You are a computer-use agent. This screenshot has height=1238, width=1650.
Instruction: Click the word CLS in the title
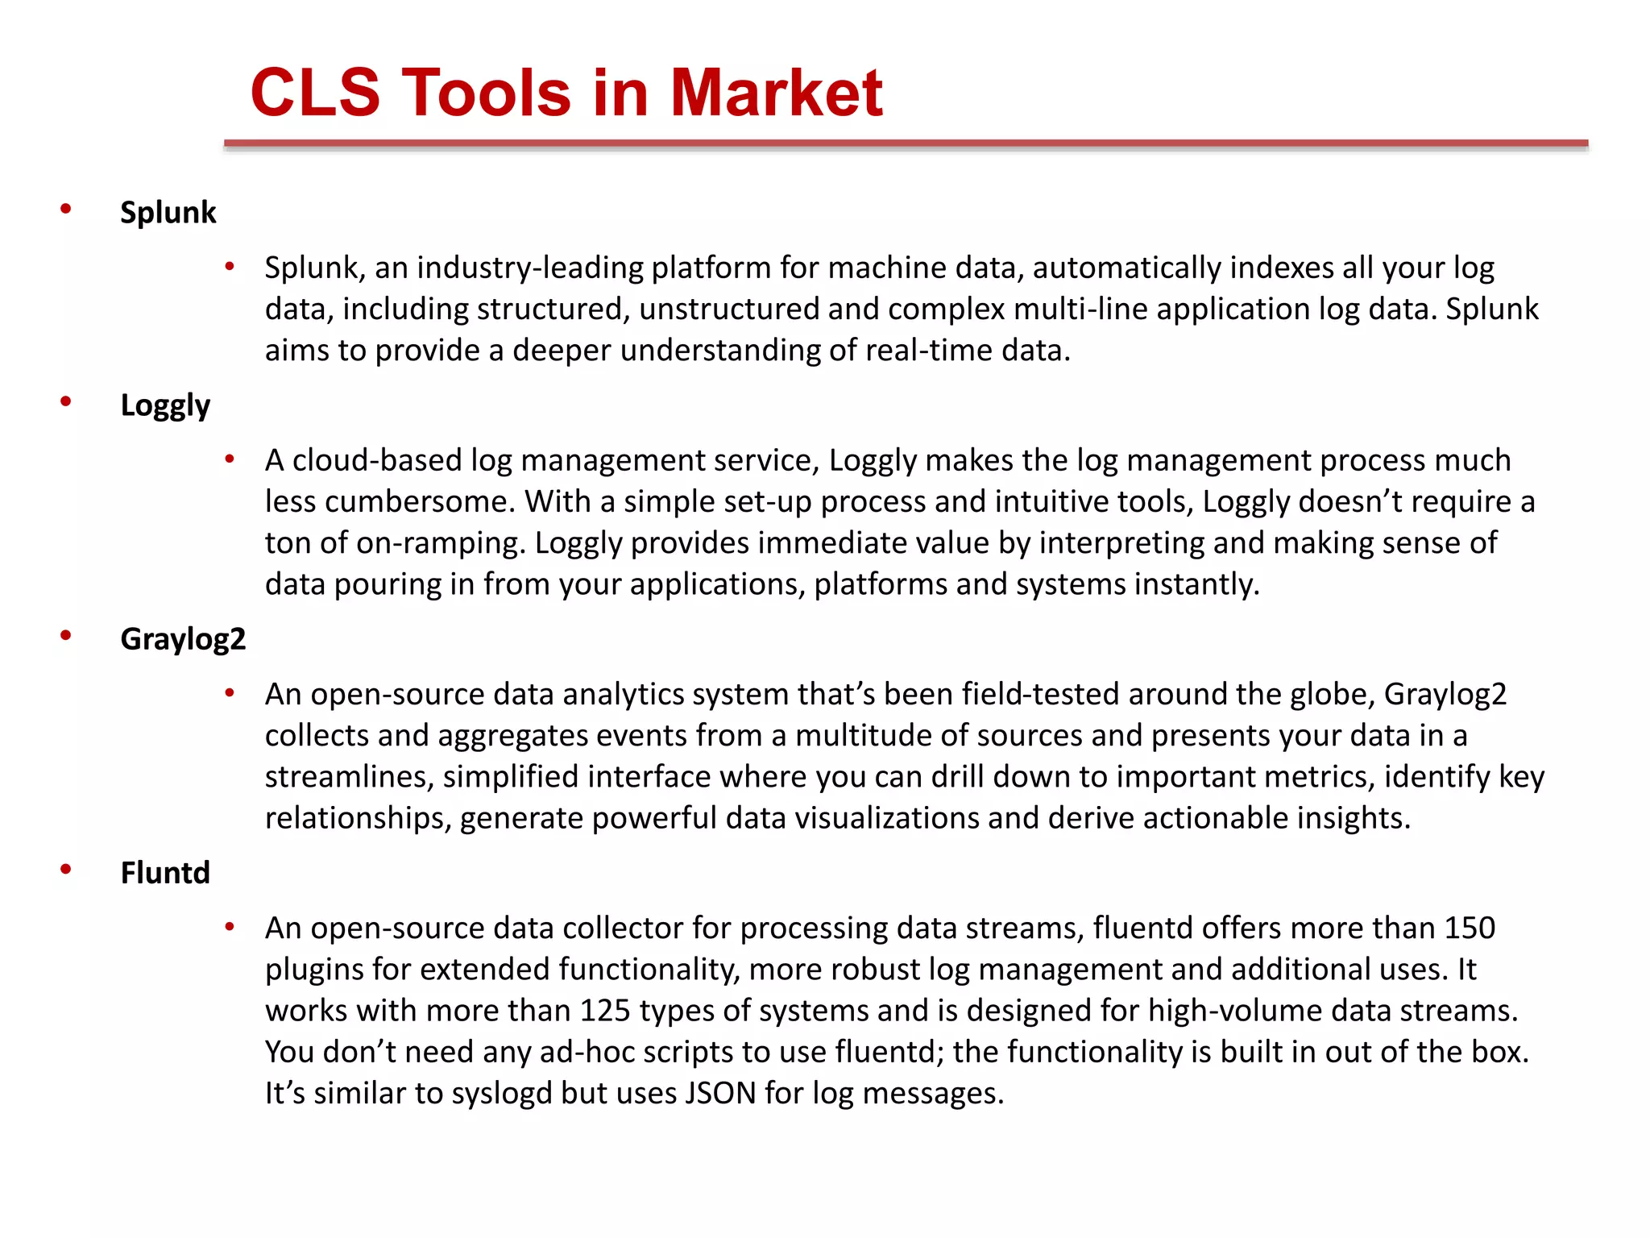click(315, 93)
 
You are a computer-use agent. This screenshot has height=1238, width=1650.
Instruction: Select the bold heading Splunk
click(168, 213)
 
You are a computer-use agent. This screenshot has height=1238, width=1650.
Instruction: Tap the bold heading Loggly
click(165, 405)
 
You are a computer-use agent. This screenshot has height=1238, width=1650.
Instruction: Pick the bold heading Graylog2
click(183, 639)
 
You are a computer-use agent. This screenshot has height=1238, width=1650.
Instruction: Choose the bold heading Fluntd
click(165, 873)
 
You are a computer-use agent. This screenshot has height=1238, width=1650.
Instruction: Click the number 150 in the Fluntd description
click(1470, 928)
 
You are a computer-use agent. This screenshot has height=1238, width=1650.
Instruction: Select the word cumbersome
click(420, 502)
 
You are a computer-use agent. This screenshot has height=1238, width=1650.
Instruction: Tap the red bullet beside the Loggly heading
click(66, 401)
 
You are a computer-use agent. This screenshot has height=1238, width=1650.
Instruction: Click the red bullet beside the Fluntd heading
click(66, 869)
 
